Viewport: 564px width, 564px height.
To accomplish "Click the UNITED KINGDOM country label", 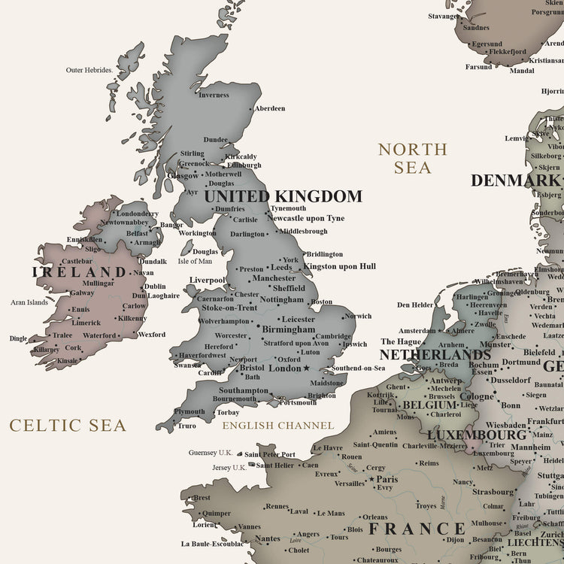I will [283, 197].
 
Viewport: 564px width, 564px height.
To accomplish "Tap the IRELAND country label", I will [79, 272].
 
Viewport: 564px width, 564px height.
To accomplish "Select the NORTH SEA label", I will [412, 159].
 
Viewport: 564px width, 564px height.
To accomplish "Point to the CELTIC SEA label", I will [68, 426].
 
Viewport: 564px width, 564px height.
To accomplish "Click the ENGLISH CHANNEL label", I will [277, 426].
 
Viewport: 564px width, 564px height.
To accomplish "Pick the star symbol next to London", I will [306, 368].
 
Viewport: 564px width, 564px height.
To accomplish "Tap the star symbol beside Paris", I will [371, 479].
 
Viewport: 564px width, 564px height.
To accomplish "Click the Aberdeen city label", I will [270, 108].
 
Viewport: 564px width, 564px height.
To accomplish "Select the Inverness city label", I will [214, 95].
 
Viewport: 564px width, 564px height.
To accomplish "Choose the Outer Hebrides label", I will [89, 70].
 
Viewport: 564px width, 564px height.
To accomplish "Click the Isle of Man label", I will [195, 261].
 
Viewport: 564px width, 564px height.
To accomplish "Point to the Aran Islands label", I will [29, 302].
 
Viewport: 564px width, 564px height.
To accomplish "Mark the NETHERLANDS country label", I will [435, 354].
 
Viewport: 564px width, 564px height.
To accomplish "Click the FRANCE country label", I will [417, 529].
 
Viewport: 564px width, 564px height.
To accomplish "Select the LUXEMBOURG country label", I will [477, 435].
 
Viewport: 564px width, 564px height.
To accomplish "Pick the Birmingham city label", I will [290, 329].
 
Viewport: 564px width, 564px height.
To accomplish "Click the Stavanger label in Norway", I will [443, 16].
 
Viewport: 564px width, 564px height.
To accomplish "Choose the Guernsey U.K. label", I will [211, 453].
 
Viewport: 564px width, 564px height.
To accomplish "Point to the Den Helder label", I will [415, 305].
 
